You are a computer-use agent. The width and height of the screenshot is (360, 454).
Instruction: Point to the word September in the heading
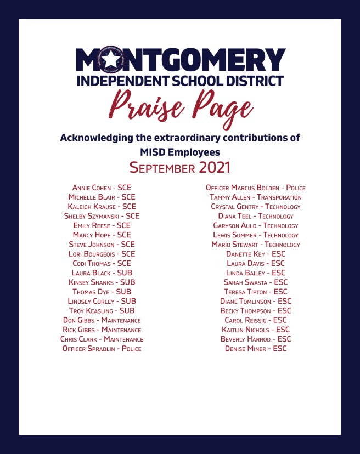(x=162, y=168)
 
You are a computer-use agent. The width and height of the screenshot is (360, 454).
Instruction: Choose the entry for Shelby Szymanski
(x=102, y=216)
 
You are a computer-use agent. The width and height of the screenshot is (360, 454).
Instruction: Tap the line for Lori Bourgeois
(x=102, y=254)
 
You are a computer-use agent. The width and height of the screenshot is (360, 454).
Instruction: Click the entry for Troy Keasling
(x=102, y=311)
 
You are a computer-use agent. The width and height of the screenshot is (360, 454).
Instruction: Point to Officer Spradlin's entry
(x=102, y=349)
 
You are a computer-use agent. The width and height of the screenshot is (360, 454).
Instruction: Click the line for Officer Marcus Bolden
(x=256, y=188)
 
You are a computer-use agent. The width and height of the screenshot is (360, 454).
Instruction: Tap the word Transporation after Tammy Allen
(x=279, y=197)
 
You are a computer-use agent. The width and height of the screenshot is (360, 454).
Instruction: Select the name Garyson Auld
(x=236, y=225)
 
